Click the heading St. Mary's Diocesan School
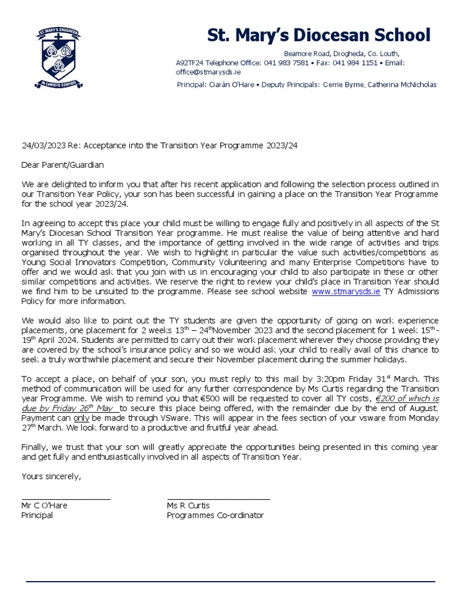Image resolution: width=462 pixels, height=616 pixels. [x=319, y=35]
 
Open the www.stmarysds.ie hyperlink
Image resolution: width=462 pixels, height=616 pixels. [x=345, y=292]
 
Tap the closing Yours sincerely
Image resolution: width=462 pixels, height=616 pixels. [x=51, y=476]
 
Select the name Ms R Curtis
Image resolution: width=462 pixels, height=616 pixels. [x=188, y=506]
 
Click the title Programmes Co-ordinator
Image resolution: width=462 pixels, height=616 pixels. [x=215, y=516]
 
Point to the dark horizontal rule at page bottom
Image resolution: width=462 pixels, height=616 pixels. [x=230, y=582]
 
